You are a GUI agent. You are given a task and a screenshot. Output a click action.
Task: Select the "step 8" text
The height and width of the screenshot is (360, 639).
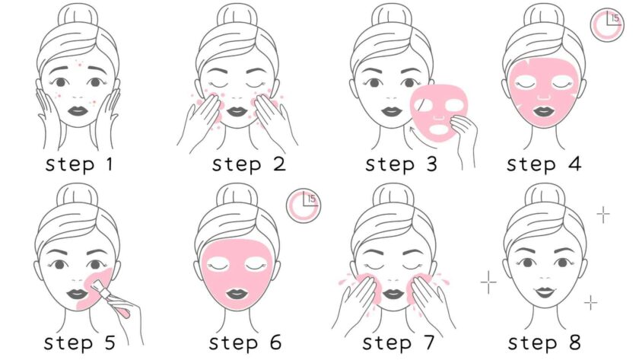point(544,342)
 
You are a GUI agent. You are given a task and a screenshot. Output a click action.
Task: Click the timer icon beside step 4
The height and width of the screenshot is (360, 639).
point(606,24)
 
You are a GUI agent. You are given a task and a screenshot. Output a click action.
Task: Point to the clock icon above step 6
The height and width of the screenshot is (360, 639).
point(304,205)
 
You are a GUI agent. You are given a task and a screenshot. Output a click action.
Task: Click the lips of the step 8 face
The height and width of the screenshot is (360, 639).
point(545,292)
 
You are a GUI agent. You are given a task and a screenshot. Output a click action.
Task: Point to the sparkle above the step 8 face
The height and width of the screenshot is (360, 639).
point(603,214)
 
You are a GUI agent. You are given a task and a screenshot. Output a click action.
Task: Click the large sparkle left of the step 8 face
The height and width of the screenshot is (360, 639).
point(488,282)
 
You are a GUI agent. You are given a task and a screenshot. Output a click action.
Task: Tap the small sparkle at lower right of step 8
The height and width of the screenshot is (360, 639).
point(590,303)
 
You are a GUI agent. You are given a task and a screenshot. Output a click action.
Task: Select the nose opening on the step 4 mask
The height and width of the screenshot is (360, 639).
point(545,98)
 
